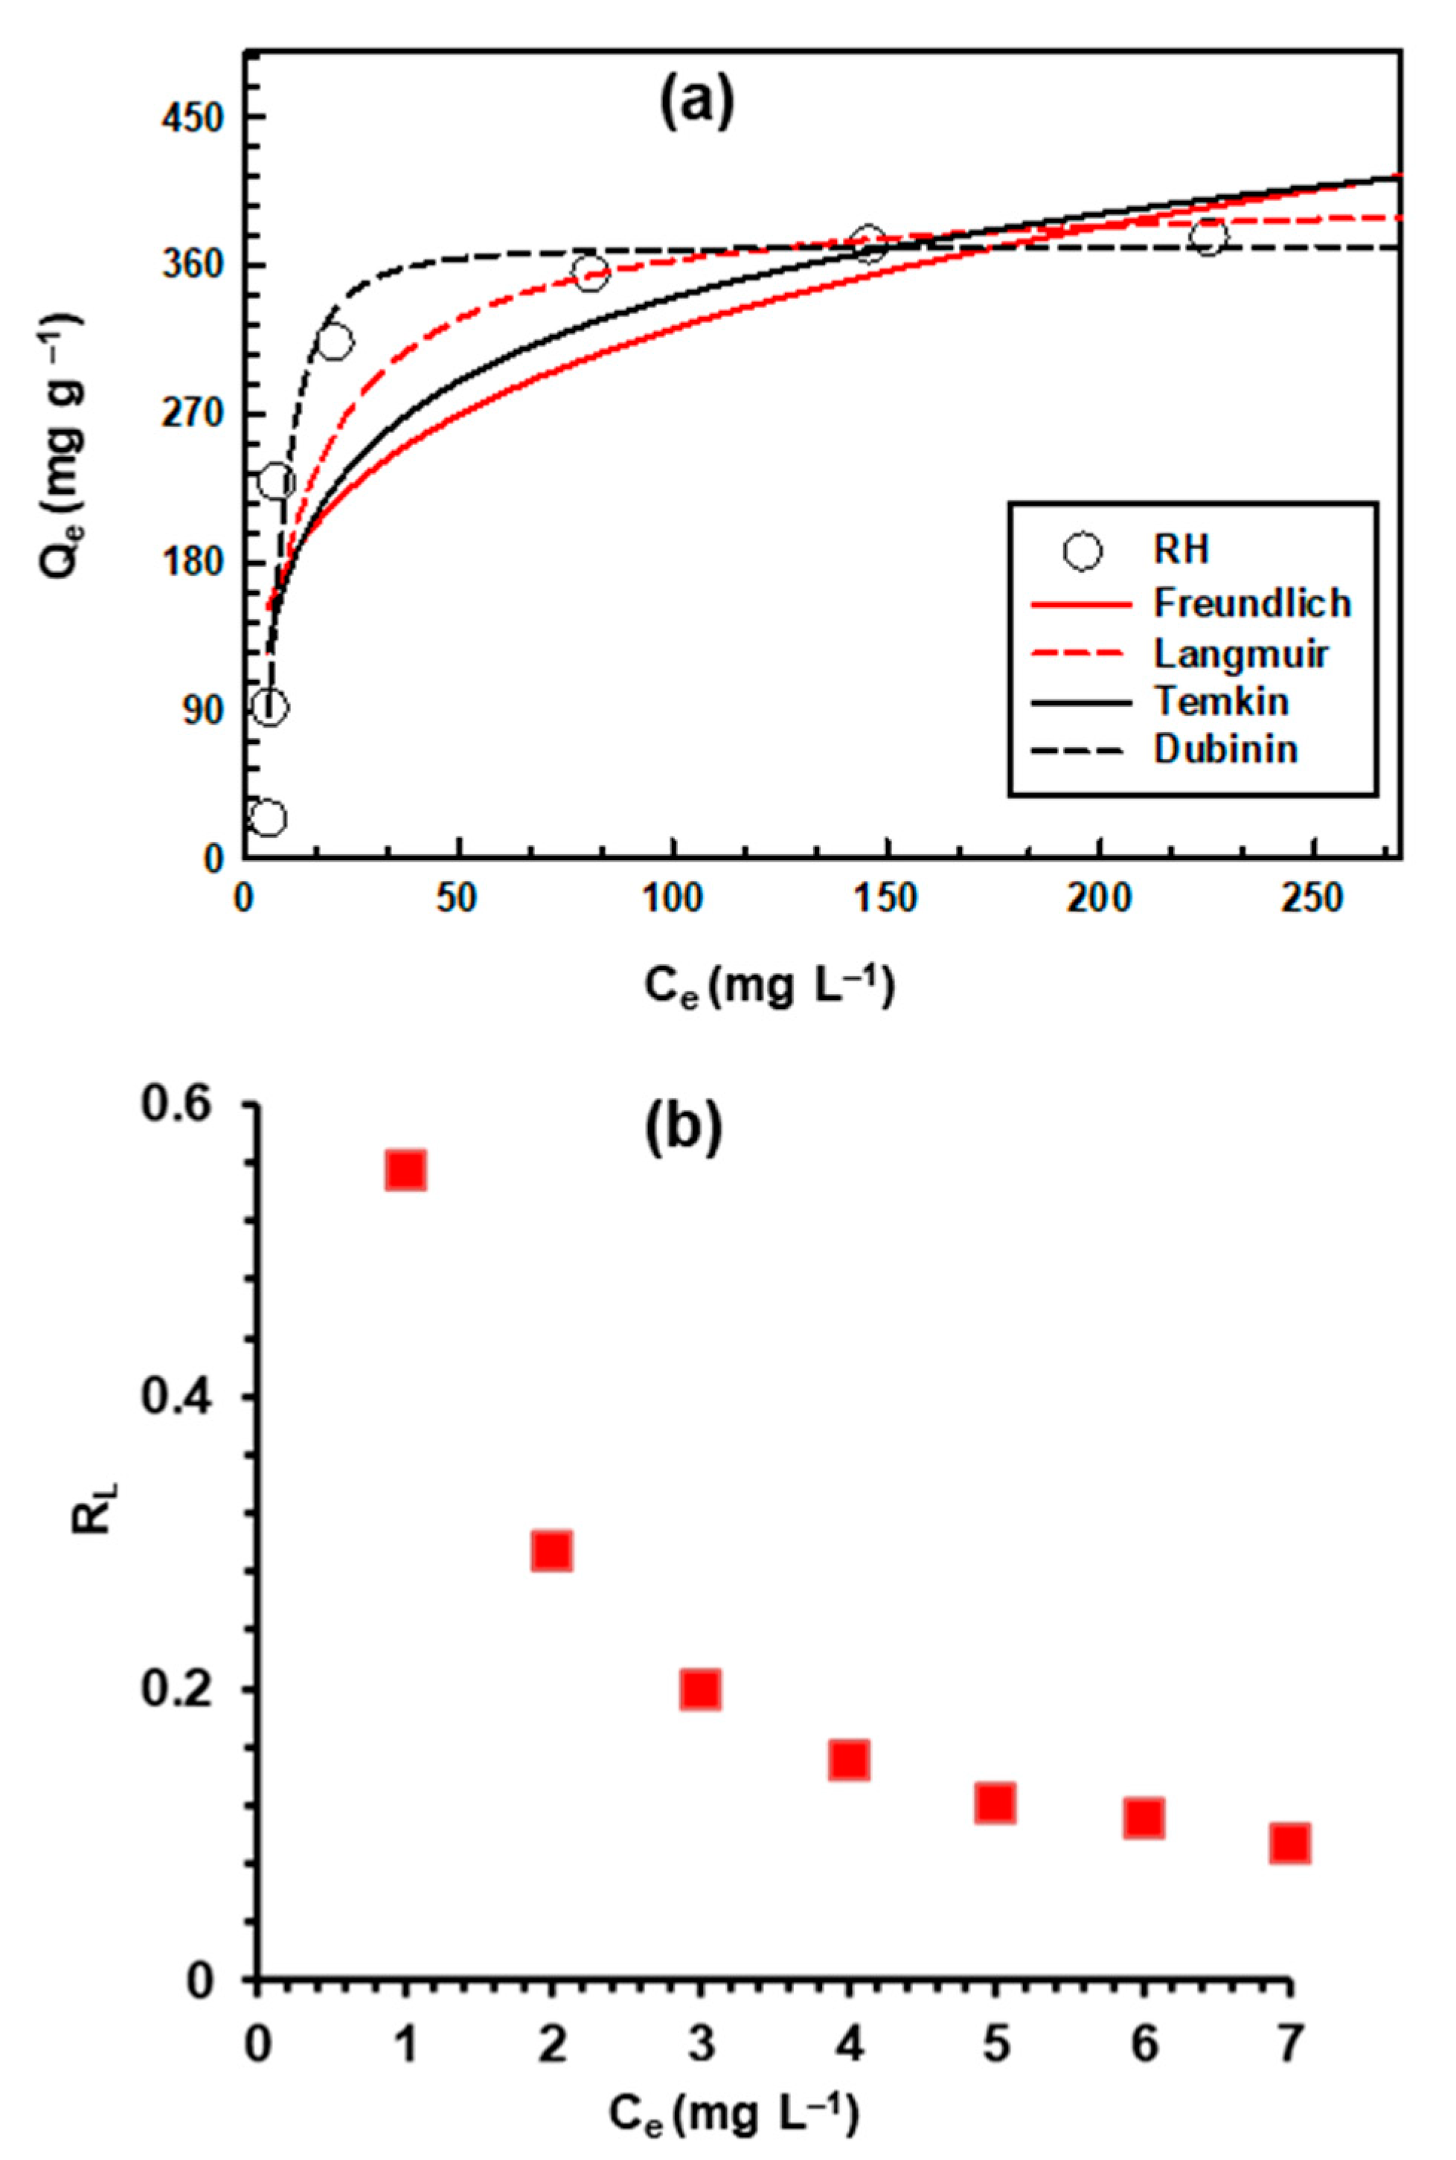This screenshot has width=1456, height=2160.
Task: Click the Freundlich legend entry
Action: pyautogui.click(x=1251, y=603)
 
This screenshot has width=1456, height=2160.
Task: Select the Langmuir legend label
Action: pyautogui.click(x=1240, y=654)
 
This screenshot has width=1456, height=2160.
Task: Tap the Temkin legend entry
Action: pyautogui.click(x=1221, y=701)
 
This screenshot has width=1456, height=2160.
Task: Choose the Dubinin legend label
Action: pyautogui.click(x=1225, y=749)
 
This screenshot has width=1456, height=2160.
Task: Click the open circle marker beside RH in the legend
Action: pyautogui.click(x=1083, y=551)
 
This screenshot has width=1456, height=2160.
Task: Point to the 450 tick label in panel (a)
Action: pyautogui.click(x=195, y=118)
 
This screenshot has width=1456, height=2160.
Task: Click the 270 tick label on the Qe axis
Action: pyautogui.click(x=195, y=414)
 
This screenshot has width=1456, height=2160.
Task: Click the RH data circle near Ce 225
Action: pyautogui.click(x=1208, y=237)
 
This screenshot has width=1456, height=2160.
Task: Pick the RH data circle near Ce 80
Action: pyautogui.click(x=591, y=273)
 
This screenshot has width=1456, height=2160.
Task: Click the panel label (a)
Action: pyautogui.click(x=696, y=105)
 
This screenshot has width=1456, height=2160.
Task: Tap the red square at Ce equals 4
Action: pyautogui.click(x=849, y=1759)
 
